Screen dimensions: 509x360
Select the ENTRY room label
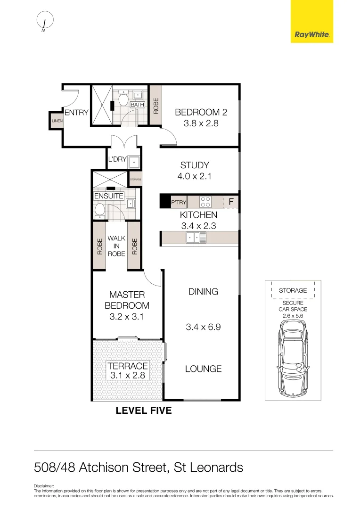click(76, 112)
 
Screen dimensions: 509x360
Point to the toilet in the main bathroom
click(123, 99)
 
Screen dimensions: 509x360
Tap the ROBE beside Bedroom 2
click(155, 106)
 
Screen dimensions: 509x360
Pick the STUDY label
click(195, 165)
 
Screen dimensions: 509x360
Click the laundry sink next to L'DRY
click(134, 162)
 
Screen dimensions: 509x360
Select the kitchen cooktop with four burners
click(205, 202)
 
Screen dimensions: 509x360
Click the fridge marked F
click(231, 202)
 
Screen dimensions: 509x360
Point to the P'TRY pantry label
click(179, 202)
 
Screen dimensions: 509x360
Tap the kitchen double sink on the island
click(195, 238)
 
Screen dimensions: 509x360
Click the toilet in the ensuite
click(99, 210)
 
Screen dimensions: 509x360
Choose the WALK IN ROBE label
click(116, 246)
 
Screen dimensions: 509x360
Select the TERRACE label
click(128, 366)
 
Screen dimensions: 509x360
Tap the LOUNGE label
click(203, 369)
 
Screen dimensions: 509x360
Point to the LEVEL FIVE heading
click(144, 410)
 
